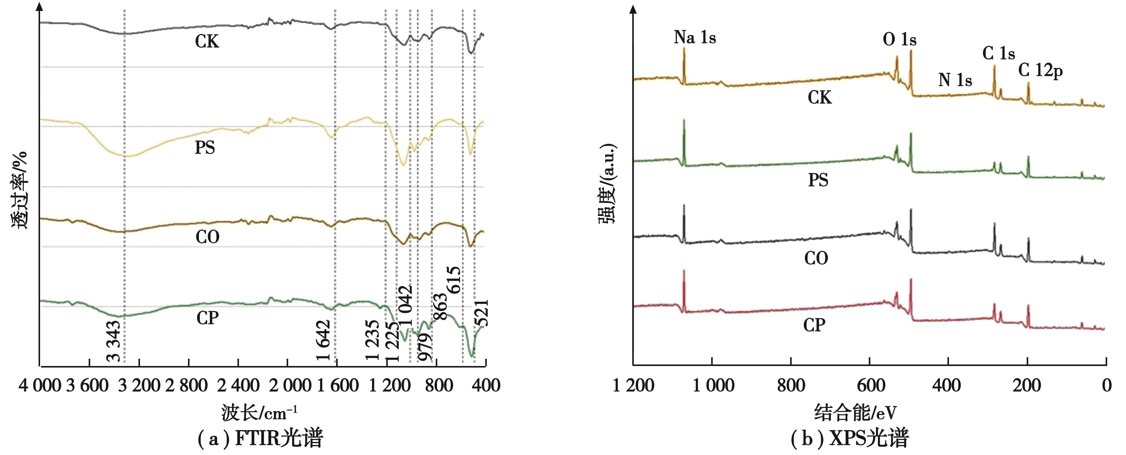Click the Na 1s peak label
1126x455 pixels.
(x=694, y=38)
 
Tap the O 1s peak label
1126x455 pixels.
(x=899, y=40)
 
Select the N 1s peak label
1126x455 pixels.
(x=955, y=80)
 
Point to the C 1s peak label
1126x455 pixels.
(x=998, y=53)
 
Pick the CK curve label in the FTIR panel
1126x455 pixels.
(x=207, y=42)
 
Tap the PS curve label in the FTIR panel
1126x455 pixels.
(x=205, y=148)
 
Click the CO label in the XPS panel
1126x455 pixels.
(x=816, y=258)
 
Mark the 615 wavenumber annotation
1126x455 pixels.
(x=454, y=280)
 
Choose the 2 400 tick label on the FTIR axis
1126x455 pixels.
(x=238, y=385)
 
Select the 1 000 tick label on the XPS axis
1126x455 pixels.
(x=713, y=385)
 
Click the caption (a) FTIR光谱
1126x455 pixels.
(x=261, y=438)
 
